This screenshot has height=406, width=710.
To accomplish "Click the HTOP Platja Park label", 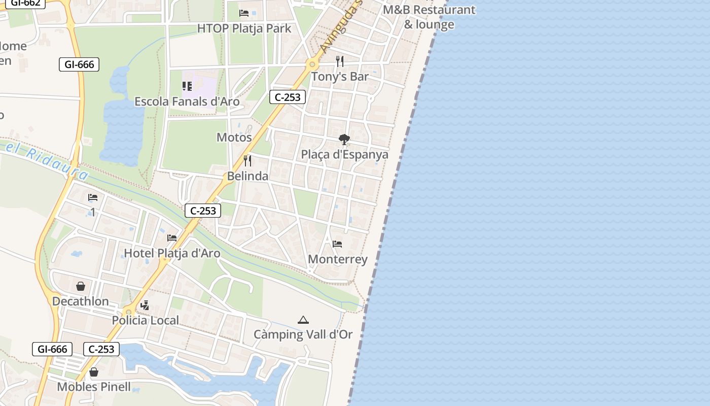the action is [244, 28].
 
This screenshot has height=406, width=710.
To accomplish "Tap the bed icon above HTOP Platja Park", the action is [244, 13].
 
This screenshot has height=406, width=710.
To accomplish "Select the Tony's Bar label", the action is [339, 77].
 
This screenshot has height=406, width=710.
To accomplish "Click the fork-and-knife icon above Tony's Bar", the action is [340, 61].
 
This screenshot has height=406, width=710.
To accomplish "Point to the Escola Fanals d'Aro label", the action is [187, 101].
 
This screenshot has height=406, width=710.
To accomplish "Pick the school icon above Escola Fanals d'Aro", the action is [187, 86].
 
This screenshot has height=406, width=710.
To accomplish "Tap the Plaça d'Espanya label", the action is [344, 154].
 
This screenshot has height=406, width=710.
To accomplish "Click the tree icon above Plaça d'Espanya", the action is [344, 139].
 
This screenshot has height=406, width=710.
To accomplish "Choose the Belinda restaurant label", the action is [247, 176].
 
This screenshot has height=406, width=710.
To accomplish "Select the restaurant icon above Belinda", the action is [247, 161].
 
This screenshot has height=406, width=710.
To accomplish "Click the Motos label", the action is [234, 137].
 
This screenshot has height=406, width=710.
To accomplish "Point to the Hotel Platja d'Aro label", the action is [172, 253].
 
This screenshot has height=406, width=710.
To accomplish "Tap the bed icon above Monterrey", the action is [337, 244].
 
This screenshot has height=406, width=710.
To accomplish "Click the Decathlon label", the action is [80, 301].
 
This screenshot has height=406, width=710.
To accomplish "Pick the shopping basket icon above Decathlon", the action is [80, 286].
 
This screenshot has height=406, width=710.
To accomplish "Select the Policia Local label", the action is [145, 320].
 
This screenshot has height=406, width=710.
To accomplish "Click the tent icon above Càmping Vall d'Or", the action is [303, 320].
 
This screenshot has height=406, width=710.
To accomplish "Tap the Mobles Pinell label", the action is [93, 387].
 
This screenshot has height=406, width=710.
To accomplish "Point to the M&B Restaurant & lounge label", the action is [429, 17].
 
